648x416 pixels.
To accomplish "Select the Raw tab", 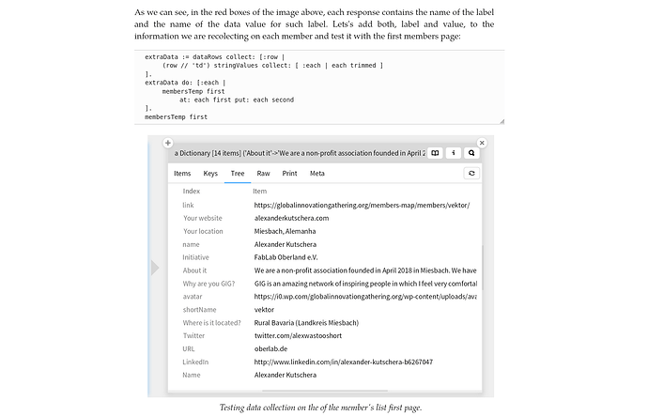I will (x=264, y=173).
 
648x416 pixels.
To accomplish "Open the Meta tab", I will (x=316, y=173).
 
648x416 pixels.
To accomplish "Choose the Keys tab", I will (x=210, y=173).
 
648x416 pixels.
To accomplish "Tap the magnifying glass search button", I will (x=472, y=152).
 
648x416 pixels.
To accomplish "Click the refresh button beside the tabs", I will (x=471, y=173).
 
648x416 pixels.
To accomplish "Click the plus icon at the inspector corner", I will (x=167, y=144).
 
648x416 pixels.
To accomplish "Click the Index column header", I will (x=192, y=192).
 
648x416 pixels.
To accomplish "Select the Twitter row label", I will (x=193, y=335).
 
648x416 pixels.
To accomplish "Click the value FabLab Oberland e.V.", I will (x=286, y=257).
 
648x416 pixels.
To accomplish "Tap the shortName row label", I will (x=199, y=309).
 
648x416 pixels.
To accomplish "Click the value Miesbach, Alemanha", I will (x=285, y=231).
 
